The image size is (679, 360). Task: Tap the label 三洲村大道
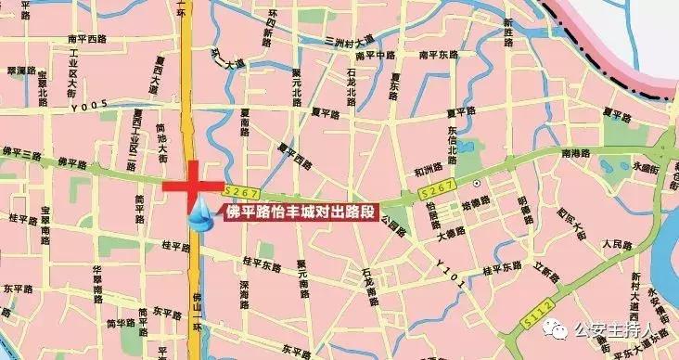point(350,41)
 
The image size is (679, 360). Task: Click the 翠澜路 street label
point(21,70)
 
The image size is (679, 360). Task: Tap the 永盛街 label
point(644,169)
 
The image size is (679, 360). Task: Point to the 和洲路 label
point(429,171)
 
